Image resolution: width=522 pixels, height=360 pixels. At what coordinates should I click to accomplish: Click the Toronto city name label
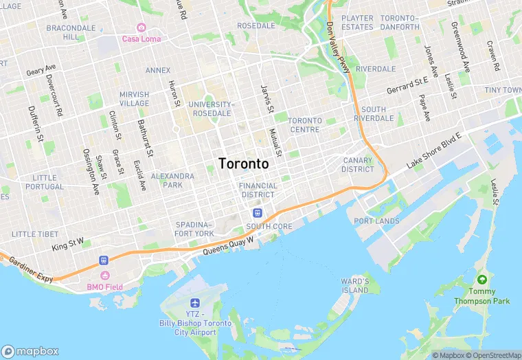pos(243,164)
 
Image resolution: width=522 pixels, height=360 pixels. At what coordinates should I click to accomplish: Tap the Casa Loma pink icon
pos(141,27)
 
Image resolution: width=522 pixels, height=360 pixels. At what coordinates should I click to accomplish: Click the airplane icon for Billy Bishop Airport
pos(194,303)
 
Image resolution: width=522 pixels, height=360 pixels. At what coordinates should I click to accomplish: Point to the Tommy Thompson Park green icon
pos(482,280)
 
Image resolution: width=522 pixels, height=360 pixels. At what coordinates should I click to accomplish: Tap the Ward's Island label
pos(355,286)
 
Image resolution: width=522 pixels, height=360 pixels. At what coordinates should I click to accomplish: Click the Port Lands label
pos(376,221)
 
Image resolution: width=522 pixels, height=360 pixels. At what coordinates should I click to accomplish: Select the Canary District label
pos(358,165)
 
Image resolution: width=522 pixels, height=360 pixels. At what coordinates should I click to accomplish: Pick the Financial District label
pos(258,190)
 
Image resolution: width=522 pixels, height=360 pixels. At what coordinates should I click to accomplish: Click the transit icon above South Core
pos(258,213)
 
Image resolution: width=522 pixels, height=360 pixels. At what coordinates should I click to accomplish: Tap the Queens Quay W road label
pos(229,246)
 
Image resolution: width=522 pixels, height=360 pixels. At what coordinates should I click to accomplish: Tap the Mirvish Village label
pos(134,99)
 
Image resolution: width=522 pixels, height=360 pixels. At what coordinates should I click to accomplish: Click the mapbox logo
pos(31,350)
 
